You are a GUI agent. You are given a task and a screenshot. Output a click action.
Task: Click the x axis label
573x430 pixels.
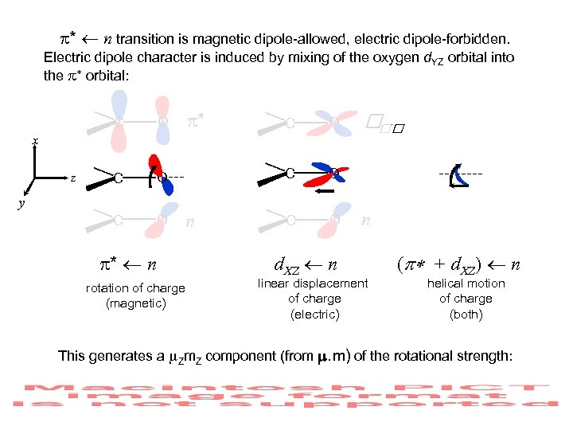[35, 141]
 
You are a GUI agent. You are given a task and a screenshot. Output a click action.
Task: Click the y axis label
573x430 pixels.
[22, 205]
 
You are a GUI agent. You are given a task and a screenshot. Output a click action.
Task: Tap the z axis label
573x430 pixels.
[72, 178]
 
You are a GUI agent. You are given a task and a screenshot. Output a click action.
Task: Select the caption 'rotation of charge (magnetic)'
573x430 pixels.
[135, 295]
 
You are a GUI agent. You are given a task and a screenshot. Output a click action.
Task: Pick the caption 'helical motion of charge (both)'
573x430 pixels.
[466, 299]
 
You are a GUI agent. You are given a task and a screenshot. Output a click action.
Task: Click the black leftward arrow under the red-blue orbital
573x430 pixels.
[322, 191]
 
